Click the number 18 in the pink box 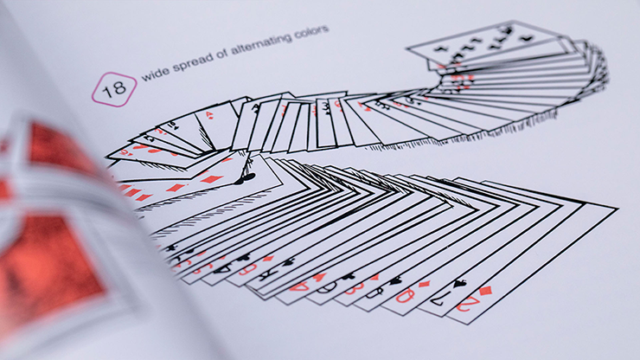(x=114, y=87)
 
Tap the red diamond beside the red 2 (x=484, y=290)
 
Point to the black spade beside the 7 (x=458, y=282)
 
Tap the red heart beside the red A (x=320, y=275)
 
